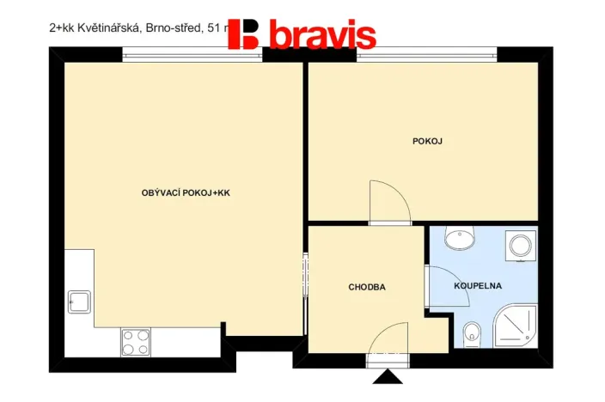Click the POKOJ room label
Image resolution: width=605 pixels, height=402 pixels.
[427, 141]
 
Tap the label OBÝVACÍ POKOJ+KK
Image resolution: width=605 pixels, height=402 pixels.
[186, 193]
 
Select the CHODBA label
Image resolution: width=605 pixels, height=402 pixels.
[366, 287]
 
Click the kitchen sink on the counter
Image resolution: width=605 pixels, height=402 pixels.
[79, 301]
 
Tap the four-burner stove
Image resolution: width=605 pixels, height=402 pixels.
[136, 341]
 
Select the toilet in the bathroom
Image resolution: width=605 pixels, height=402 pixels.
[470, 333]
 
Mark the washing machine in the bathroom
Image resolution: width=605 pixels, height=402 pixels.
[521, 247]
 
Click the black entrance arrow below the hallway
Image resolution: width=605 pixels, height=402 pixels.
[386, 375]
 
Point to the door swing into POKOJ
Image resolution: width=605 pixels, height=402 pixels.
[388, 202]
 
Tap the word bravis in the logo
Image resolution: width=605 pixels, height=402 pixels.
[322, 35]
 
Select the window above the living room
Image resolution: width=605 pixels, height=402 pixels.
[192, 57]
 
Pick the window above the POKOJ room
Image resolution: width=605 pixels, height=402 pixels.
[427, 57]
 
